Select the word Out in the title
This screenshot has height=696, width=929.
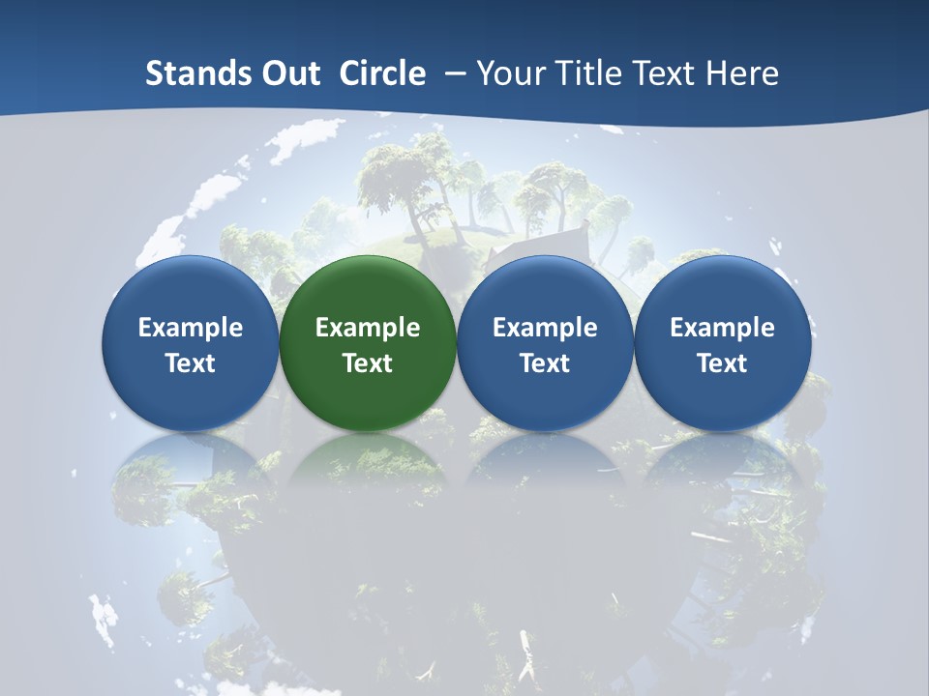coord(290,73)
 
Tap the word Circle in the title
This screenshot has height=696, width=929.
coord(382,73)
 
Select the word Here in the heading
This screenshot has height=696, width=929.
coord(743,73)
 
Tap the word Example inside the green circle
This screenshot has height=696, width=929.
coord(368,328)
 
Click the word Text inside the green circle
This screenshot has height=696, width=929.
coord(368,363)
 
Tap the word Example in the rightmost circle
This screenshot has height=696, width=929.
coord(722,328)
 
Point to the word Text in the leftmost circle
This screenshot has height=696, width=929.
coord(190,363)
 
